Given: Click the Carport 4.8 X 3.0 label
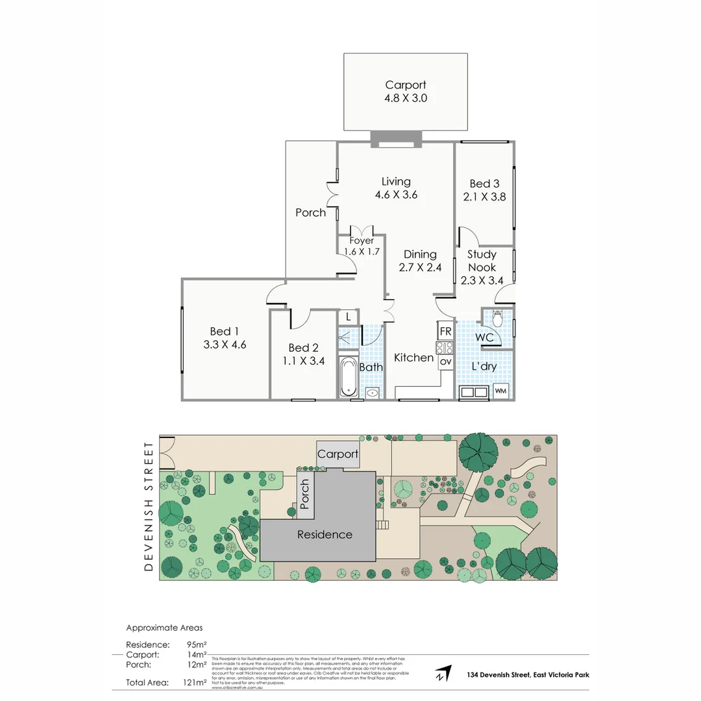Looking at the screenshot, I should (x=406, y=92).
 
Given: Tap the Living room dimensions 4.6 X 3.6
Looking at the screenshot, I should (x=396, y=195).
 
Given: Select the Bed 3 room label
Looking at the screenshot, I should (x=484, y=184).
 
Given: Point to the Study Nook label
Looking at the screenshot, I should (x=482, y=261).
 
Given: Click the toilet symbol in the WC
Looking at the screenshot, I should (x=498, y=318).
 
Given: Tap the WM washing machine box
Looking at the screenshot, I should (x=500, y=391).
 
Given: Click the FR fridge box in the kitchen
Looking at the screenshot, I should (x=445, y=331).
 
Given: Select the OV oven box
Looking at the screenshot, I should (x=445, y=361).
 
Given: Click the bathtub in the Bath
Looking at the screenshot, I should (x=347, y=376).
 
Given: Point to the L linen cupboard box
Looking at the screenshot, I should (x=348, y=317).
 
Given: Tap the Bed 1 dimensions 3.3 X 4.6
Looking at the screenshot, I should (x=225, y=345).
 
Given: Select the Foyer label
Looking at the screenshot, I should (x=362, y=241).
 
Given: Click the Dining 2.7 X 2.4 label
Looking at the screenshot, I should (x=420, y=260).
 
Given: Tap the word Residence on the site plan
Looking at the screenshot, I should (x=325, y=535).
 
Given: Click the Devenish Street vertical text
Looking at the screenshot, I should (x=149, y=506).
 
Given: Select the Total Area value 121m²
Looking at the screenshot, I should (x=195, y=682).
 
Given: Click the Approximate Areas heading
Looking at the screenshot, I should (x=164, y=628).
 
